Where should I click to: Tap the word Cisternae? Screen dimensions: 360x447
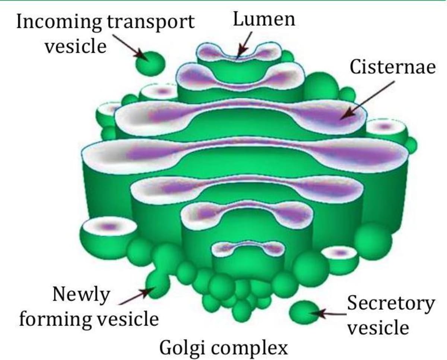393,67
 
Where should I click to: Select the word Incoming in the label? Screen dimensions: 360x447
59,22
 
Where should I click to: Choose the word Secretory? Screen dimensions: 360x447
390,304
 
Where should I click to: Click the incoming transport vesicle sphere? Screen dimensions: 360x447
150,63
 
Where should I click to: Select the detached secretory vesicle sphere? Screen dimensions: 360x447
305,312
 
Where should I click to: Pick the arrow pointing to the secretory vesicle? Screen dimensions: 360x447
332,314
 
